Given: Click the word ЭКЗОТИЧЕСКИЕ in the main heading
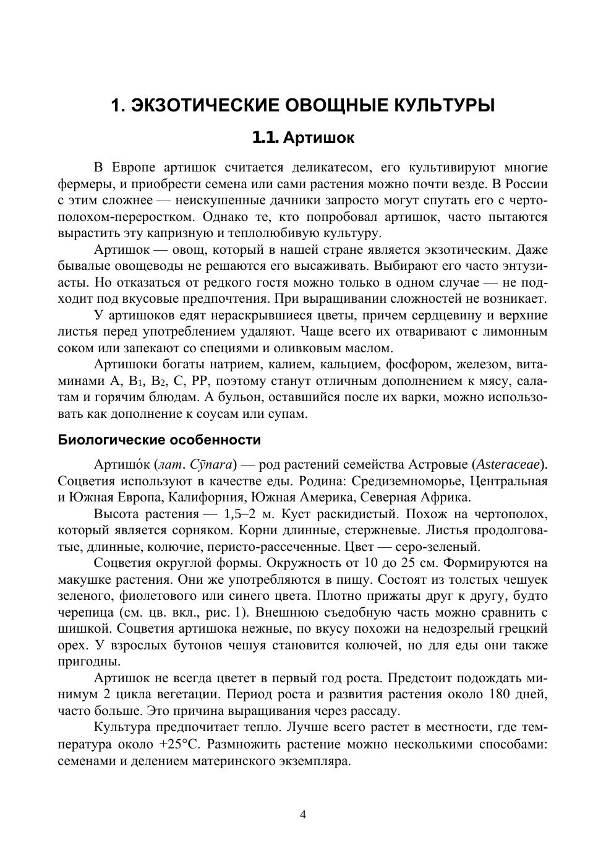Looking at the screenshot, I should (205, 105).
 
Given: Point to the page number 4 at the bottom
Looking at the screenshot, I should (303, 815).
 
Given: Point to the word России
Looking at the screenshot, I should (526, 184).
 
